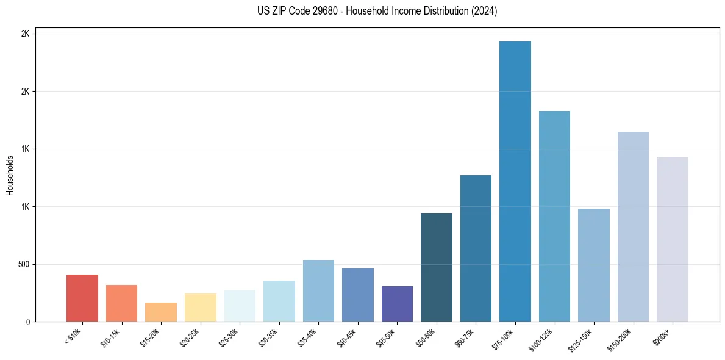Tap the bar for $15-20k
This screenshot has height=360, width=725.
coord(161,312)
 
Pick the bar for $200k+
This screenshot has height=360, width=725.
coord(673,239)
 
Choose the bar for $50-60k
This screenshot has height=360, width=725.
coord(437,267)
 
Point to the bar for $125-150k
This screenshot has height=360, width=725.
coord(594,265)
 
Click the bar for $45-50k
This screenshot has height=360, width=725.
coord(397,304)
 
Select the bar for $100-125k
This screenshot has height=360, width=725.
coord(554,216)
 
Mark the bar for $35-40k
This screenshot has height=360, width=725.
coord(318,290)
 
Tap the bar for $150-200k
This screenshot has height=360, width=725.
coord(633,226)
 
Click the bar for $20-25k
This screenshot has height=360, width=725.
coord(201,308)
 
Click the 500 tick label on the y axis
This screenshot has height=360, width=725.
coord(24,264)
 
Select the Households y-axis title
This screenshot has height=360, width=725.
coord(10,175)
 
